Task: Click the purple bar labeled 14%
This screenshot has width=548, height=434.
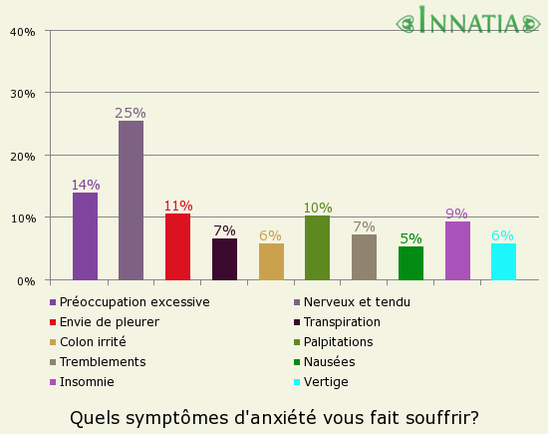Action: tap(85, 236)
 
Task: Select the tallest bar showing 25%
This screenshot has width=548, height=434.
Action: tap(131, 201)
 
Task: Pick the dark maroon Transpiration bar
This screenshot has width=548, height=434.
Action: tap(224, 259)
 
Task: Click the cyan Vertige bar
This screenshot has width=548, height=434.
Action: tap(503, 261)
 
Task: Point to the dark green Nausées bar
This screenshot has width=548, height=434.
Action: tap(411, 263)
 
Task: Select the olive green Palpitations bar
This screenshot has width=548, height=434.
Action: tap(317, 247)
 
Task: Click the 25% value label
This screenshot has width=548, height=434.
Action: tap(131, 113)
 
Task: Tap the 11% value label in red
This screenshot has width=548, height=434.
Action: tap(178, 206)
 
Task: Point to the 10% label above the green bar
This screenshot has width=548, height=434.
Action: tap(318, 208)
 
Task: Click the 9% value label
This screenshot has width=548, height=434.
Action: tap(457, 214)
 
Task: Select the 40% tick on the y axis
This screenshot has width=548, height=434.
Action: tap(23, 31)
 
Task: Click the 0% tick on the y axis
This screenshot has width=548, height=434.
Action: tap(27, 280)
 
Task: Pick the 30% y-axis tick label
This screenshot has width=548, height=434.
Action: tap(23, 94)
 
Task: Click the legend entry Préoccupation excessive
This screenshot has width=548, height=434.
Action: tap(134, 302)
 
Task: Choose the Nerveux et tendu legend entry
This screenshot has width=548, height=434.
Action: tap(357, 302)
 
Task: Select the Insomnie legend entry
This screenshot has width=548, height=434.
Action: tap(86, 382)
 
